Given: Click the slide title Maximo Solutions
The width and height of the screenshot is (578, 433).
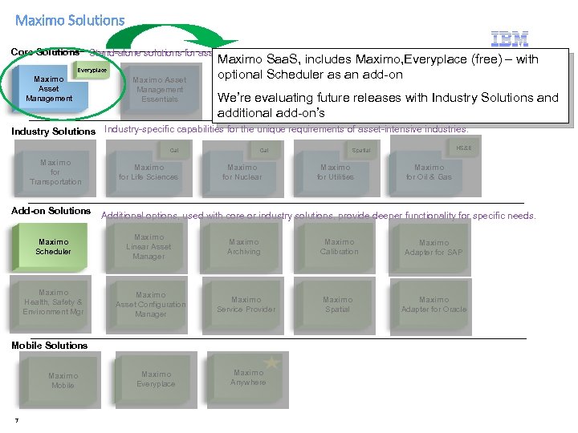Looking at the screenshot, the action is coord(70,20).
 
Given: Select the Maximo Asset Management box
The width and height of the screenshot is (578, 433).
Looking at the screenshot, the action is coord(50,89).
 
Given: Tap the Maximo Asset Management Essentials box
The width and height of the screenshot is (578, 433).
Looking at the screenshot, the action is coord(158,90).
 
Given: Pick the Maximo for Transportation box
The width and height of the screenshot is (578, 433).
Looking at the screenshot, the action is coord(55,172).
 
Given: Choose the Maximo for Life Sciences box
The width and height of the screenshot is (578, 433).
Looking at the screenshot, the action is coord(149,172).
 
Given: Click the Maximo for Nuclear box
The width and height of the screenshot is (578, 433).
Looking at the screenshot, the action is coord(242,172).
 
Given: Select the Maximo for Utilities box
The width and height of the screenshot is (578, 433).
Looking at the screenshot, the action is coord(336,172).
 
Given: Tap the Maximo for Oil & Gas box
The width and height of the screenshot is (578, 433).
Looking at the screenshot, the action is coord(429,172).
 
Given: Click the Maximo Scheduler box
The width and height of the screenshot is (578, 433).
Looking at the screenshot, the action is coord(53,247).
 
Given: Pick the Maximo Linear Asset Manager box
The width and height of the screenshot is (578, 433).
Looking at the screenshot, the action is coord(149,247).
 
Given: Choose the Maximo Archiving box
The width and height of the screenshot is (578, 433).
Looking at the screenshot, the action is coord(244,247).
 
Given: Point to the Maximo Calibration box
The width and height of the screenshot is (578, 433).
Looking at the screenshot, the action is coord(339,247).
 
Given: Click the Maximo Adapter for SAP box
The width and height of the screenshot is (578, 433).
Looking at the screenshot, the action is coord(433,247).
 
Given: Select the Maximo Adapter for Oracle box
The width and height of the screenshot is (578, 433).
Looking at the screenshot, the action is coord(433,305).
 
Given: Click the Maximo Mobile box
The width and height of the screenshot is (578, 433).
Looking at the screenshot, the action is coord(63,380).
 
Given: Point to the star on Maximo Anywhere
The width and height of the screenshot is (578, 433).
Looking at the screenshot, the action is coord(271,363).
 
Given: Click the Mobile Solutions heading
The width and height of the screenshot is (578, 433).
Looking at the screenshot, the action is coord(50,346).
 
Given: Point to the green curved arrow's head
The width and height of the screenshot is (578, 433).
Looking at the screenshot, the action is coord(229,44).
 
